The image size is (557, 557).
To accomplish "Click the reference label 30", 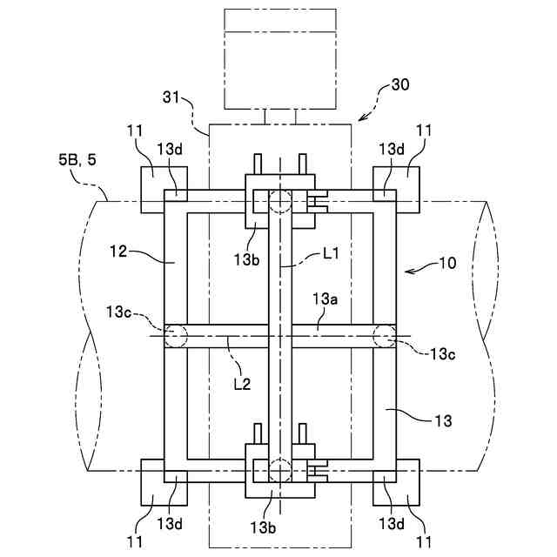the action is tap(400, 84).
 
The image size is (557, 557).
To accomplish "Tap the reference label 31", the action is tap(171, 97).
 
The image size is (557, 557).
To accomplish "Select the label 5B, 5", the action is tap(77, 160).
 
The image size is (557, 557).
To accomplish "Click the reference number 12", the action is tap(118, 252).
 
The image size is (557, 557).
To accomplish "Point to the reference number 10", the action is tap(447, 263).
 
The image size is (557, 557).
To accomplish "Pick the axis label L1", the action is tap(331, 253).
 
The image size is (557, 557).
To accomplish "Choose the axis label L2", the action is tap(243, 384).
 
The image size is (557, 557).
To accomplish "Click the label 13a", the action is tap(325, 299).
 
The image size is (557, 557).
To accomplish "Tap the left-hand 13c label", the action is tap(119, 312).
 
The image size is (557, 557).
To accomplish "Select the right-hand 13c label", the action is tap(443, 354).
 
